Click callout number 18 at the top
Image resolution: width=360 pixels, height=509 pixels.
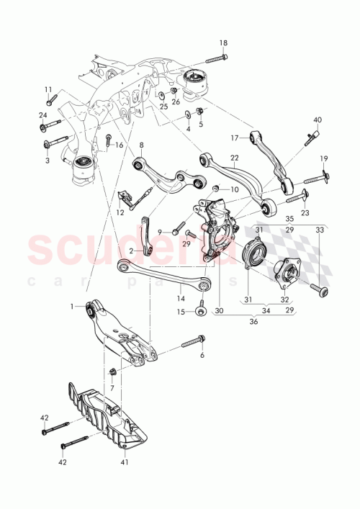[x=222, y=43]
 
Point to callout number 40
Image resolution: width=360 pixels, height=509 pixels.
[x=318, y=120]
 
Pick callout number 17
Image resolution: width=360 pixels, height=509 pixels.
[x=234, y=137]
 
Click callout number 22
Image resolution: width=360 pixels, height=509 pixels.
[x=234, y=158]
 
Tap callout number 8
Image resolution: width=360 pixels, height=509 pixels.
[x=142, y=145]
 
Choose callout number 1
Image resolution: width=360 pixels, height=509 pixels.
[x=73, y=307]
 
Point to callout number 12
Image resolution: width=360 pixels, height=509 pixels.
[x=120, y=213]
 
